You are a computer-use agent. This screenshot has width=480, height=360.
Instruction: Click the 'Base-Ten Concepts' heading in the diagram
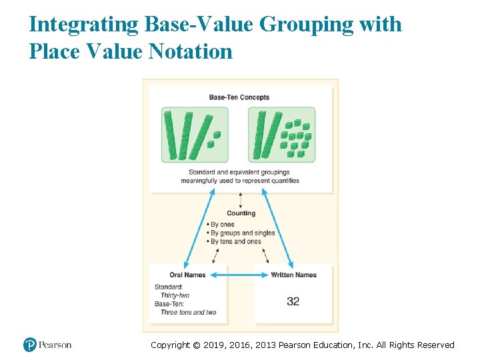(x=239, y=97)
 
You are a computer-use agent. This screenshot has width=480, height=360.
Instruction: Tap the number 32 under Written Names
(x=293, y=301)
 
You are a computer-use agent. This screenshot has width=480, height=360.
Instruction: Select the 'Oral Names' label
(x=187, y=275)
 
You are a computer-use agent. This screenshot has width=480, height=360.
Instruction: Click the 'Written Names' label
(x=293, y=275)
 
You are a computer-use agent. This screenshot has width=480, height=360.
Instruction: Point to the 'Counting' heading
(x=241, y=213)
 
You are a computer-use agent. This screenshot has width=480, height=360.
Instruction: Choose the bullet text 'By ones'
(x=223, y=225)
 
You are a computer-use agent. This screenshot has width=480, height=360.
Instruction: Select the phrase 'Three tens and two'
(x=189, y=312)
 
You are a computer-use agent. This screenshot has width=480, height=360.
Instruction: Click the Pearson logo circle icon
(x=29, y=345)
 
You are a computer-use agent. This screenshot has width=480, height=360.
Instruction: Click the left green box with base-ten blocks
(x=194, y=135)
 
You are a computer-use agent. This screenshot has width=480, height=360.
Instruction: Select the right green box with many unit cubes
(x=282, y=135)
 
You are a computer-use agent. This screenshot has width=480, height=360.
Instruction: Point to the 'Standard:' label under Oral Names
(x=168, y=287)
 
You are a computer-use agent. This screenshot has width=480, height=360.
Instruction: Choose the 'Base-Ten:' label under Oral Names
(x=169, y=303)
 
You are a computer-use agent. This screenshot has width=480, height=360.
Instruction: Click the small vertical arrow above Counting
(x=240, y=200)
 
